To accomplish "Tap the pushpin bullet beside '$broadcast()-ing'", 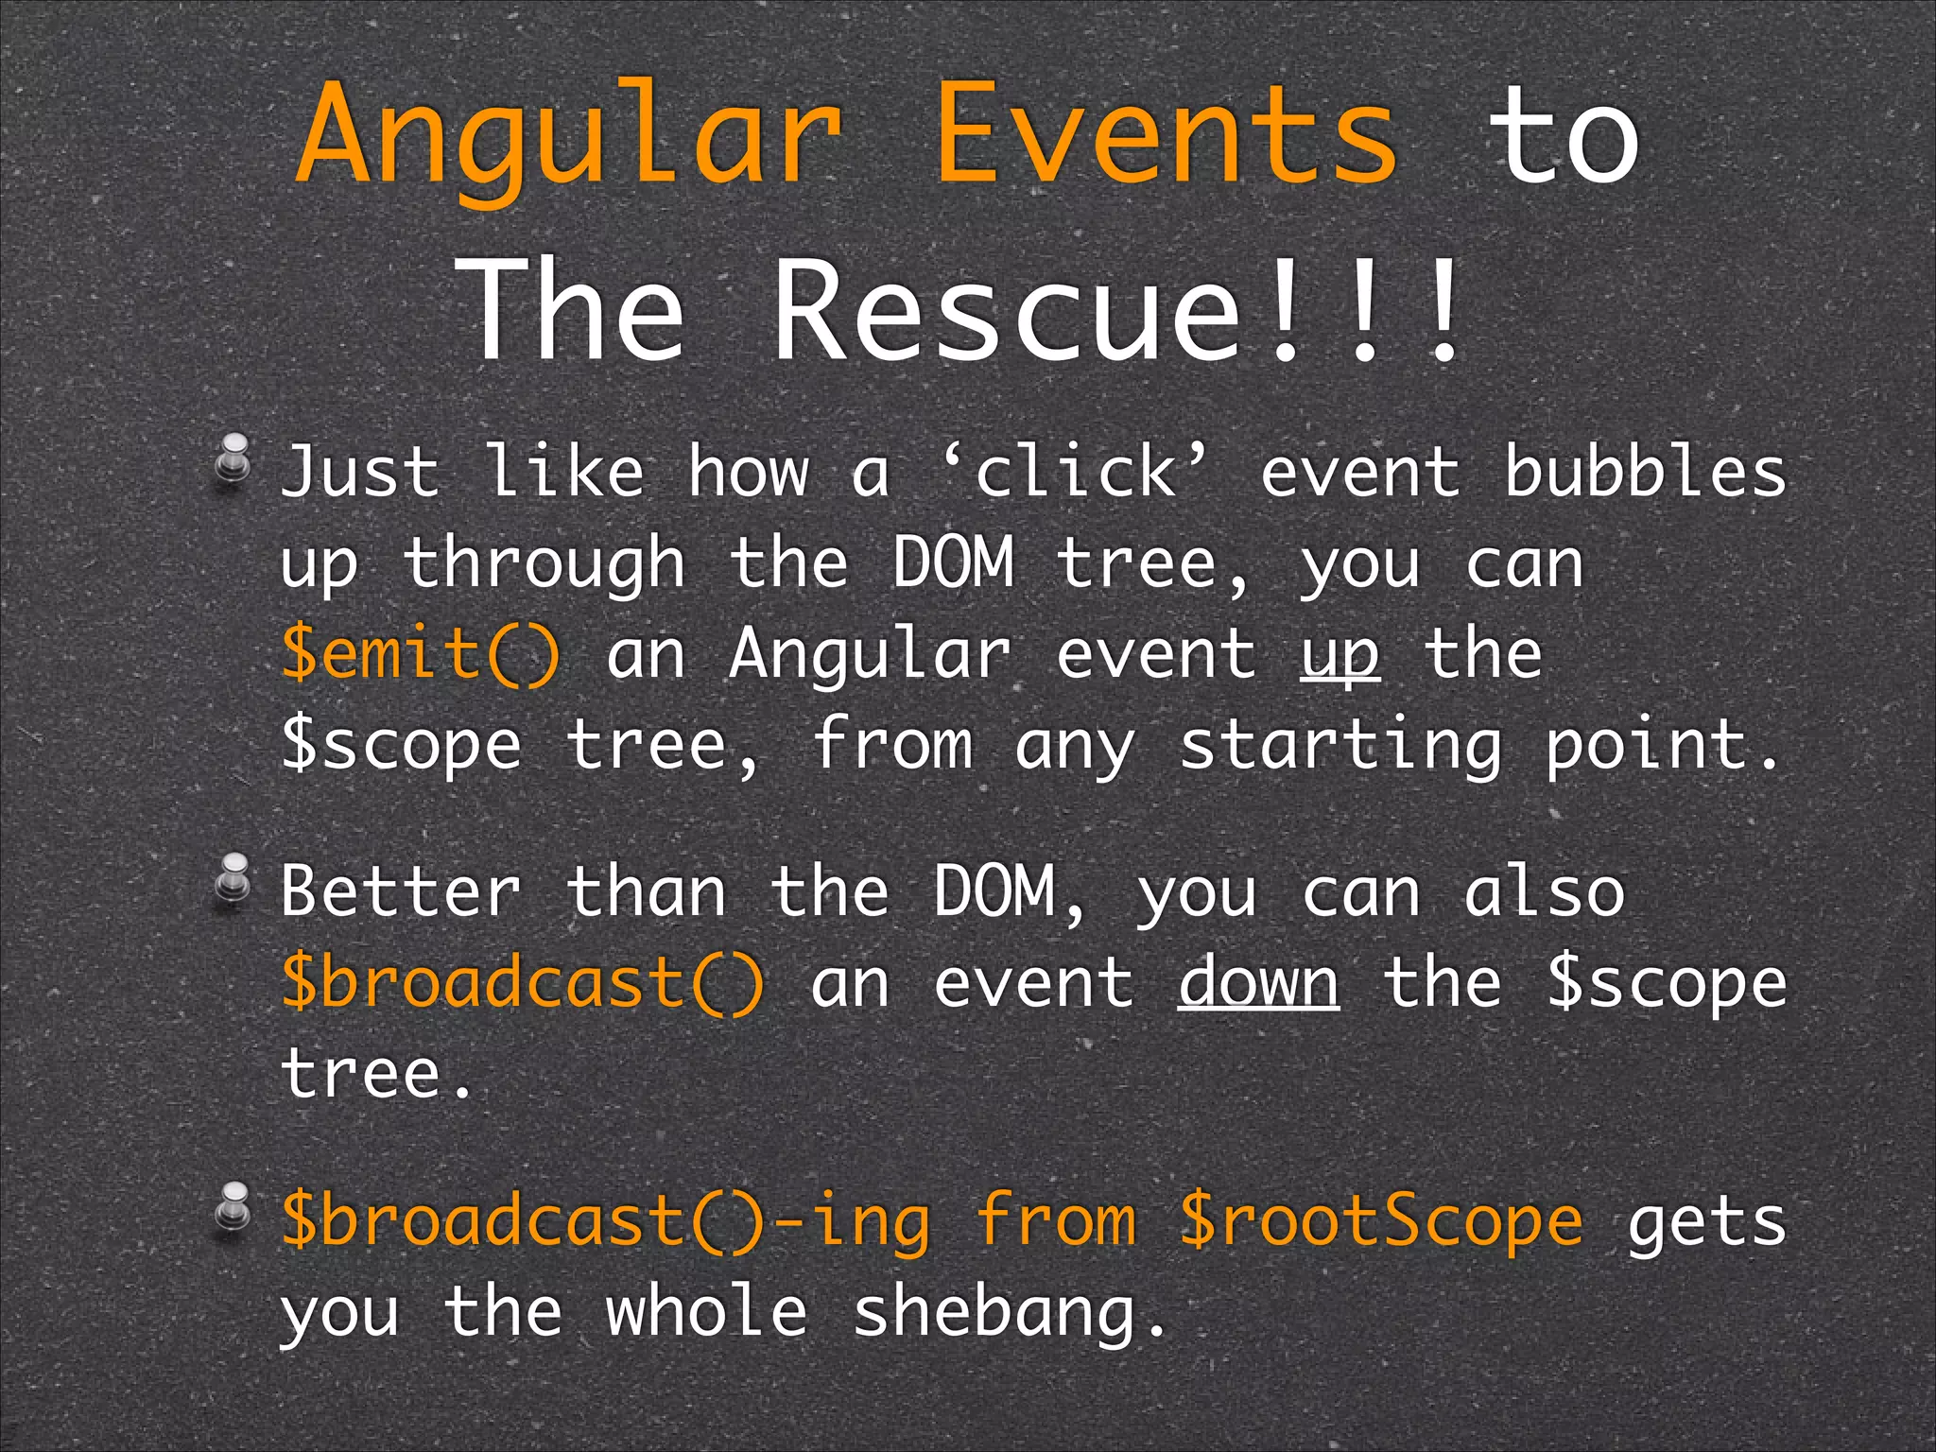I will [233, 1210].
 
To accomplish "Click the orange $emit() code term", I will [422, 653].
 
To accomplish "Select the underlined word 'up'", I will [1340, 655].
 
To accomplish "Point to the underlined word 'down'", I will [1258, 983].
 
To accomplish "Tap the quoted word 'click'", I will [1076, 471].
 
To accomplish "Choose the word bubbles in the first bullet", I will [1645, 471].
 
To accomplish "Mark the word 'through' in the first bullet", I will [544, 564].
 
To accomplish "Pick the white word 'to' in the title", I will [1564, 137].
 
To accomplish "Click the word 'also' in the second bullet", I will [1544, 890].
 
